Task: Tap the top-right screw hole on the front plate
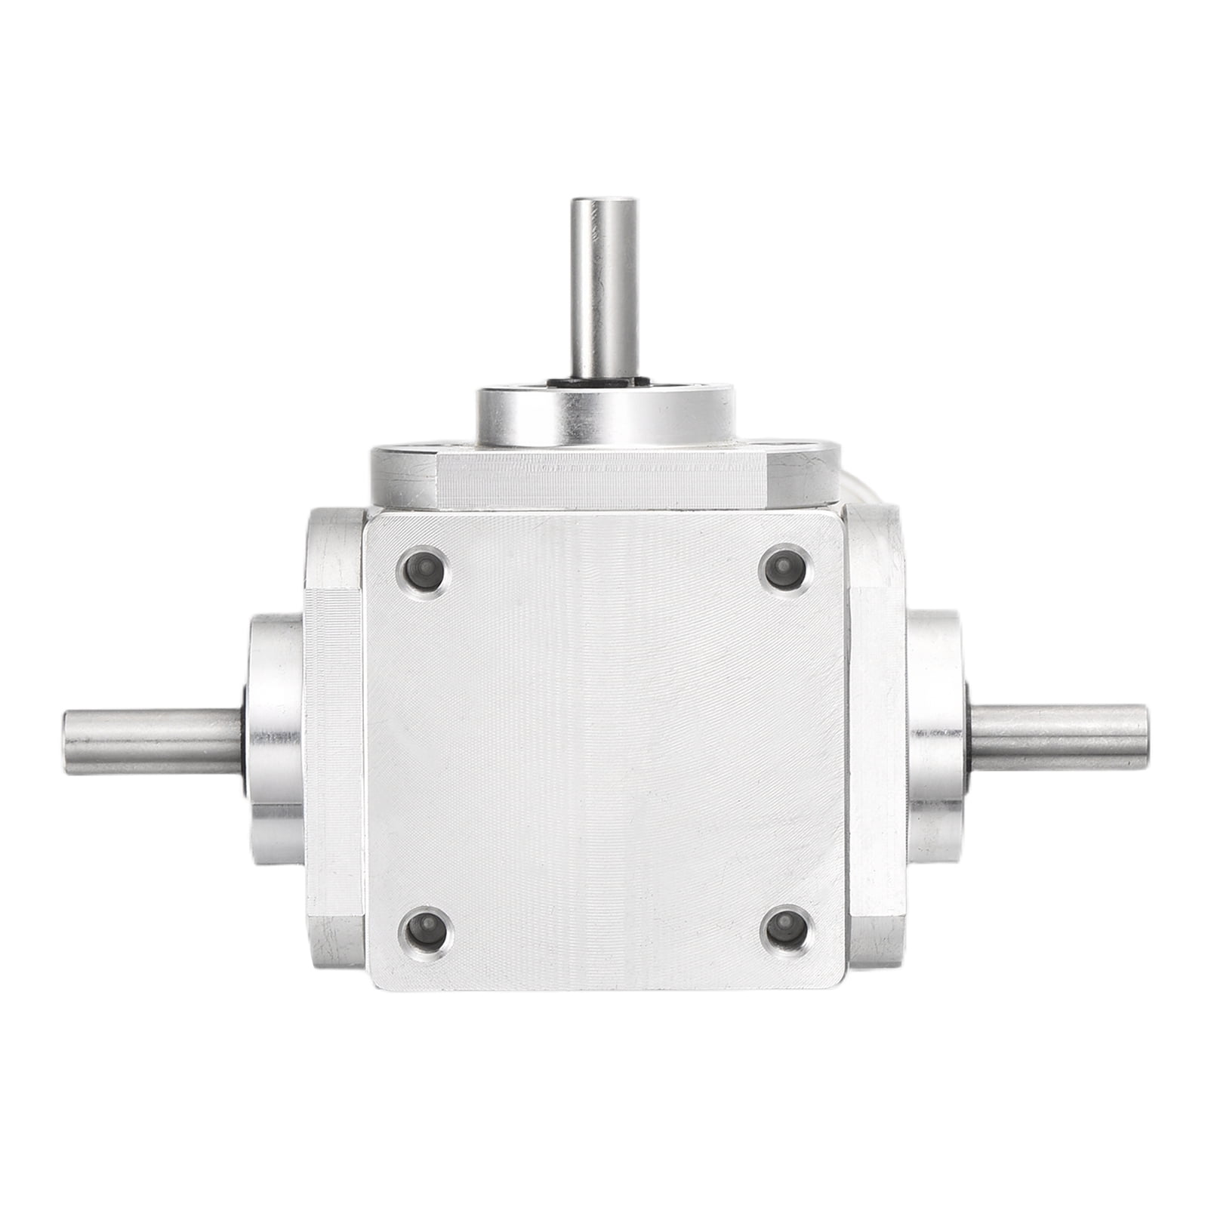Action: [784, 568]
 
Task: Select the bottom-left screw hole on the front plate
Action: [425, 931]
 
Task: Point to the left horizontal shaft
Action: [151, 740]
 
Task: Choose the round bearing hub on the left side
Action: [276, 740]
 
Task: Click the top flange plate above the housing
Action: [604, 476]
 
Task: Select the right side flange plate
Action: [876, 736]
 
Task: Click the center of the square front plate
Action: [604, 747]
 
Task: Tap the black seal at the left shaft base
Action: [245, 741]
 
